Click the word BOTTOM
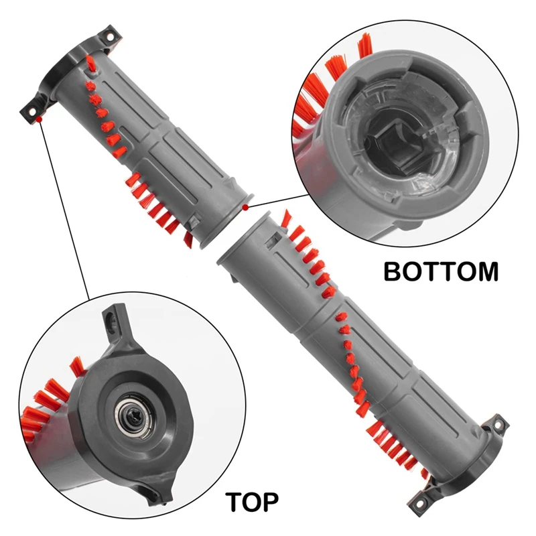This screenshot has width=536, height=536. (x=440, y=271)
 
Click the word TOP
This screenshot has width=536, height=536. (x=253, y=500)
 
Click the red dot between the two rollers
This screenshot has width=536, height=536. (x=246, y=208)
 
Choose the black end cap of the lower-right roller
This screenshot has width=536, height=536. (x=469, y=462)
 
